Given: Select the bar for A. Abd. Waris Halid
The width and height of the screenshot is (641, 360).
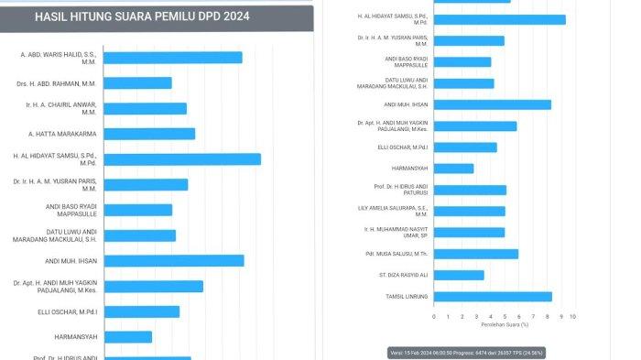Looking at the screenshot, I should tap(173, 58).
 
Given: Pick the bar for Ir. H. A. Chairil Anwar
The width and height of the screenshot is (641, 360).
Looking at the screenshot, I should tap(146, 108).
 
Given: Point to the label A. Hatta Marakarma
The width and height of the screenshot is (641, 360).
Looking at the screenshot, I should tap(68, 134).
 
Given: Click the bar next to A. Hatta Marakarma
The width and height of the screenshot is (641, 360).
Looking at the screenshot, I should tap(149, 134).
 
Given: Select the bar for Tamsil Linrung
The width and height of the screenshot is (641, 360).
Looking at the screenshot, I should tap(493, 296).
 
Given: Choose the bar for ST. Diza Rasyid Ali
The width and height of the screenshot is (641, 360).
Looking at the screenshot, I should tap(459, 275).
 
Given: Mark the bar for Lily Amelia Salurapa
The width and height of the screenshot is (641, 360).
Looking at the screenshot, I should tap(469, 211).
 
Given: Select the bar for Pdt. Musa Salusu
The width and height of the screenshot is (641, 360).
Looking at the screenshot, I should tap(476, 254).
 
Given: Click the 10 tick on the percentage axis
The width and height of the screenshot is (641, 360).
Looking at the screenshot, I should tap(572, 316).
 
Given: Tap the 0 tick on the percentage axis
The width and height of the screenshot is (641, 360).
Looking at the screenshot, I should tap(434, 316).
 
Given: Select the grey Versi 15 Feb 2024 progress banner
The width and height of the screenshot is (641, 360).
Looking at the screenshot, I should tap(503, 351).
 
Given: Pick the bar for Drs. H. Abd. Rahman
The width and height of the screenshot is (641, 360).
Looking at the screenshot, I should tap(137, 83).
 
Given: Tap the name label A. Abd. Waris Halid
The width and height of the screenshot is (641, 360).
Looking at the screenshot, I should tap(65, 58).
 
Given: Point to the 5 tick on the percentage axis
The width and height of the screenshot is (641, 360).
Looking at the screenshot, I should tap(504, 316).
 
